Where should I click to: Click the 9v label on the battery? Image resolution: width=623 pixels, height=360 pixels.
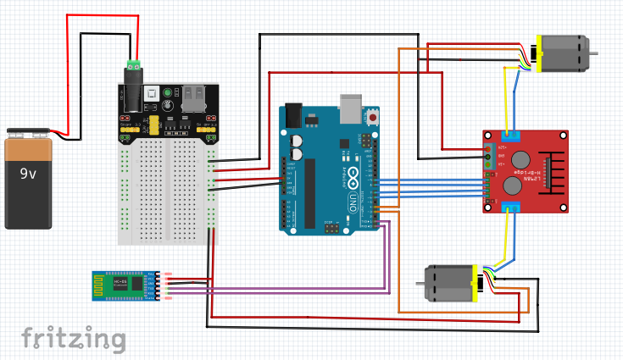pos(29,174)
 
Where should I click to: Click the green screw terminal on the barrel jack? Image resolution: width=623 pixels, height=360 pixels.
pos(133,64)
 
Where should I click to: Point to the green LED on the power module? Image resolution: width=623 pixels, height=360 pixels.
pos(167,93)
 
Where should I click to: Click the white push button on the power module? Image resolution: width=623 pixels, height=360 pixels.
pos(151,93)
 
